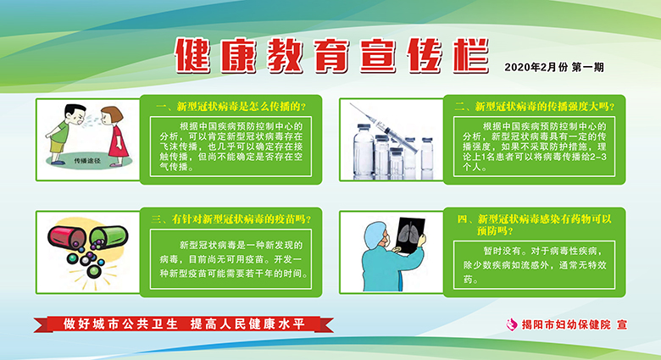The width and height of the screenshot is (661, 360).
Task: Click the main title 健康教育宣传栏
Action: [331, 55]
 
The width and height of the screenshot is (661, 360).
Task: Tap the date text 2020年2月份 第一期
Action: [554, 67]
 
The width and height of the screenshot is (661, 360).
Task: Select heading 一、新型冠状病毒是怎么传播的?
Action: [231, 106]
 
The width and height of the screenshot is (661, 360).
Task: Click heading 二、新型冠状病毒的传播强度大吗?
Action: [534, 106]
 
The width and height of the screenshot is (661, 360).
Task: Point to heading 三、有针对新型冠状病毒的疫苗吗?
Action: [231, 219]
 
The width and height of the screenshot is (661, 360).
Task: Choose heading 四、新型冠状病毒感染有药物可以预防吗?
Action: [534, 224]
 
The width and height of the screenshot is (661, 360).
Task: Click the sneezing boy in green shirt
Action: [64, 133]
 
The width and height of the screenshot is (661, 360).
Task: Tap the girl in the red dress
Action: [114, 136]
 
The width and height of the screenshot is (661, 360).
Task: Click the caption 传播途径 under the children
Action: [87, 161]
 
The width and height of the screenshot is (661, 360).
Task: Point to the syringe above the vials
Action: [384, 127]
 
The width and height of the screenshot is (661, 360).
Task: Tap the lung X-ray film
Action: [410, 235]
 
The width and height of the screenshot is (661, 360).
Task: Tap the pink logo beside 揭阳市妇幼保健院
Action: [512, 324]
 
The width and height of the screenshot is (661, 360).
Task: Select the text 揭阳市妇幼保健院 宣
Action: [575, 324]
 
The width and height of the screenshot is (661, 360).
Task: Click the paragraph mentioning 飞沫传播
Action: [231, 147]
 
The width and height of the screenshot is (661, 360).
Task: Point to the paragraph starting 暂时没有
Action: [534, 265]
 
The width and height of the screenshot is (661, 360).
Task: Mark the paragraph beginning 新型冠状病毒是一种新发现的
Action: [233, 259]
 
